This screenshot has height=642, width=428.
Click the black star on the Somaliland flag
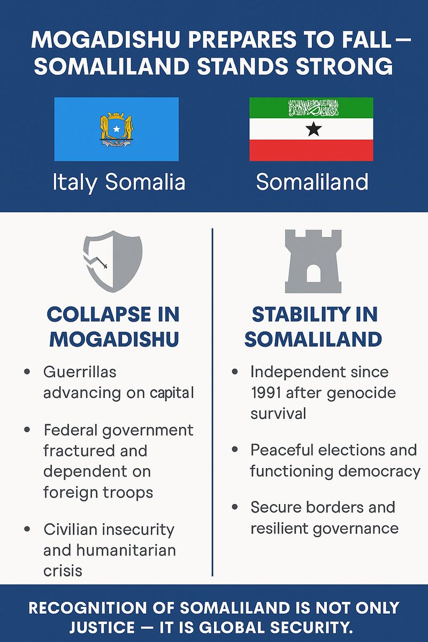(x=314, y=129)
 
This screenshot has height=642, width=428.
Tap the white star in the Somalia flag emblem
(x=116, y=129)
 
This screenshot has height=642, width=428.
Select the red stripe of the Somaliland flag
(x=311, y=150)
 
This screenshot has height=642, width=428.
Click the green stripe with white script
(x=311, y=108)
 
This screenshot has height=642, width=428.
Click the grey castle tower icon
(x=313, y=262)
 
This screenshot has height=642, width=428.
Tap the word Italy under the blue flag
(x=75, y=182)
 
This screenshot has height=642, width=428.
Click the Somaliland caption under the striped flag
(x=312, y=182)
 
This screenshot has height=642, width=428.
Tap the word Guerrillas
(x=80, y=371)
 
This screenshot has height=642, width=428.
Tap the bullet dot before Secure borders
(x=234, y=507)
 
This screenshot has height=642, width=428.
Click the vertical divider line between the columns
(x=213, y=401)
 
